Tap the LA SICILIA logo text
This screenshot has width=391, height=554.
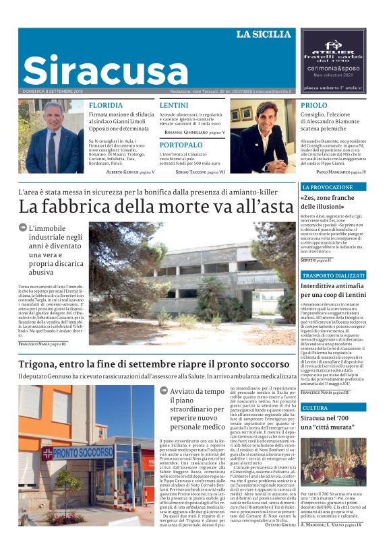pyautogui.click(x=264, y=34)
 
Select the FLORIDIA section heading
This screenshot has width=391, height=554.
pyautogui.click(x=106, y=106)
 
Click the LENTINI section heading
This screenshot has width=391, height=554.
pyautogui.click(x=174, y=106)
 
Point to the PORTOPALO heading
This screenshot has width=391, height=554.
pyautogui.click(x=181, y=145)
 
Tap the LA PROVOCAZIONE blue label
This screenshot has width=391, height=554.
pyautogui.click(x=327, y=186)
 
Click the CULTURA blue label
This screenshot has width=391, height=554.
pyautogui.click(x=315, y=408)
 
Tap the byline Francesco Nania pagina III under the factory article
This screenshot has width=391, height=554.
pyautogui.click(x=42, y=344)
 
